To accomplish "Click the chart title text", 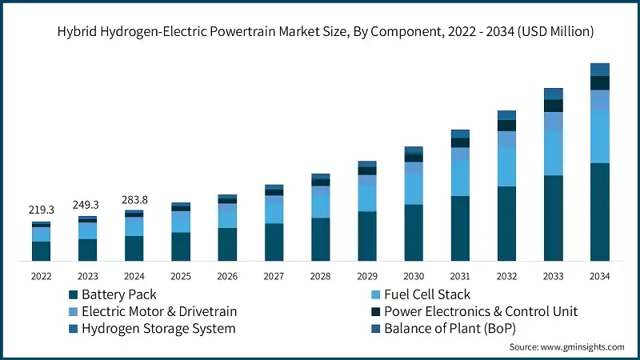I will click(x=319, y=32).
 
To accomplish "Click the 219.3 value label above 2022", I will click(x=41, y=209).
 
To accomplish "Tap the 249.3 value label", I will click(x=87, y=205).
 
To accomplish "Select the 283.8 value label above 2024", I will click(x=134, y=199).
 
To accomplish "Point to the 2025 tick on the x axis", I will click(x=180, y=275).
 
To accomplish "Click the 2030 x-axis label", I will click(x=413, y=275).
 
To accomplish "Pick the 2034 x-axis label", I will click(x=599, y=275).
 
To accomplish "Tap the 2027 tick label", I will click(x=274, y=275).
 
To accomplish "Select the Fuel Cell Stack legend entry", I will click(x=426, y=294).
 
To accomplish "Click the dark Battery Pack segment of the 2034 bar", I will click(x=599, y=212).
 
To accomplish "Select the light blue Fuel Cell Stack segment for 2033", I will click(x=553, y=152).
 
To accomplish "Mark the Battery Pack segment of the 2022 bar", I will click(x=41, y=251).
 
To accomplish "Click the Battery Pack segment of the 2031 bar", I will click(x=460, y=228).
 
